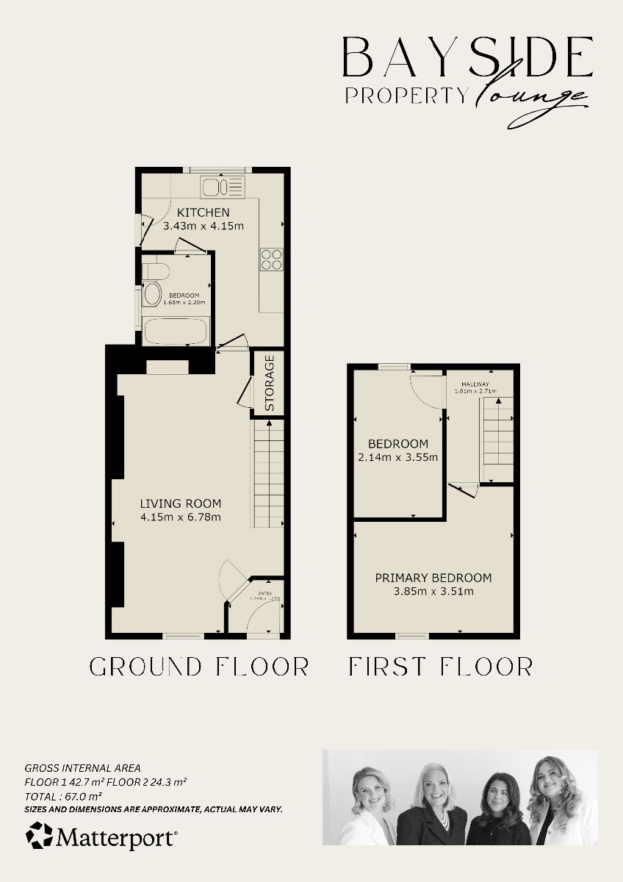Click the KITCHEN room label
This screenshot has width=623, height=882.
click(x=192, y=212)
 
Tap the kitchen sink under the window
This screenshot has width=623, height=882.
click(x=223, y=187)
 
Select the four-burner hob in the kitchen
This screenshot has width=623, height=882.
click(x=271, y=260)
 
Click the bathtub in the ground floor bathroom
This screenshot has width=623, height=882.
click(x=176, y=331)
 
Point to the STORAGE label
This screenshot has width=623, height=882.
click(x=270, y=383)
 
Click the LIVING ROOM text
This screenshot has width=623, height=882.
click(x=181, y=503)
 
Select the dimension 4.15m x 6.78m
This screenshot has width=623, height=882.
click(x=181, y=517)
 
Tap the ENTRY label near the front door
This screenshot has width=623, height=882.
click(x=264, y=593)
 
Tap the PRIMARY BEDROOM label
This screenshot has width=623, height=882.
click(x=433, y=578)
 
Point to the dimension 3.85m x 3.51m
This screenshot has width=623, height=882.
click(x=433, y=591)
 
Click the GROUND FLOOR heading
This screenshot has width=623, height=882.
click(x=199, y=667)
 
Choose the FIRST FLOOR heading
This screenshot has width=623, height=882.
click(x=440, y=667)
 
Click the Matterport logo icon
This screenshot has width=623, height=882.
click(x=40, y=836)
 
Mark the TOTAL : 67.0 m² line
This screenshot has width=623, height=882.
click(x=63, y=795)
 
